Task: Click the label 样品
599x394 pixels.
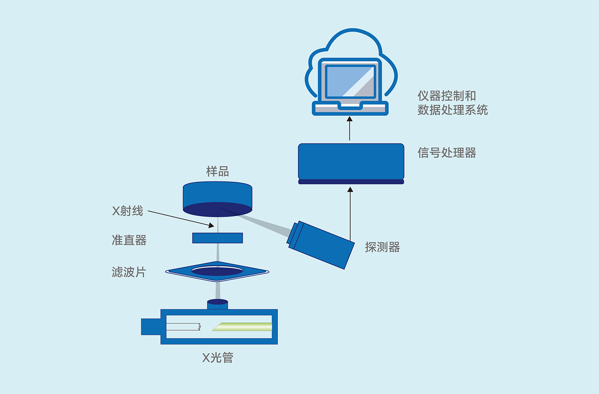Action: [218, 171]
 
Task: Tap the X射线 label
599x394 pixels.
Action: [128, 211]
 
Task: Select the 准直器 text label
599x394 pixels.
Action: [129, 240]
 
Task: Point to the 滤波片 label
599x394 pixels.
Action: [129, 272]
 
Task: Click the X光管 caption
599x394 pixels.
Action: [218, 358]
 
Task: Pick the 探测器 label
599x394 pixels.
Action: [382, 247]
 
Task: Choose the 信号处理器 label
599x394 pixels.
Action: [446, 152]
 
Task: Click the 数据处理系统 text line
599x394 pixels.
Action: [452, 110]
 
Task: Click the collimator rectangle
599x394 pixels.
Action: [218, 238]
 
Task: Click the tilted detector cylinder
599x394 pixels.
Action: [321, 245]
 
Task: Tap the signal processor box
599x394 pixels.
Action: [351, 162]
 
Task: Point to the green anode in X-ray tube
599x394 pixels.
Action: [243, 327]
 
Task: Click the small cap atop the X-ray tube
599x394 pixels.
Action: [218, 304]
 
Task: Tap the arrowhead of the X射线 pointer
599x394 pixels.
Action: [212, 226]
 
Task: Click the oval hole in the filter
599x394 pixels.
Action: [217, 271]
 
